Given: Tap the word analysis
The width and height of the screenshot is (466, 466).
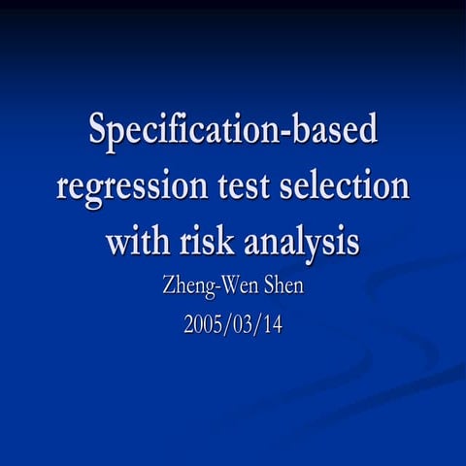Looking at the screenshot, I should pyautogui.click(x=306, y=242).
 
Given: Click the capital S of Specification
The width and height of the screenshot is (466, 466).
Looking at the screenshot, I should pyautogui.click(x=100, y=129).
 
